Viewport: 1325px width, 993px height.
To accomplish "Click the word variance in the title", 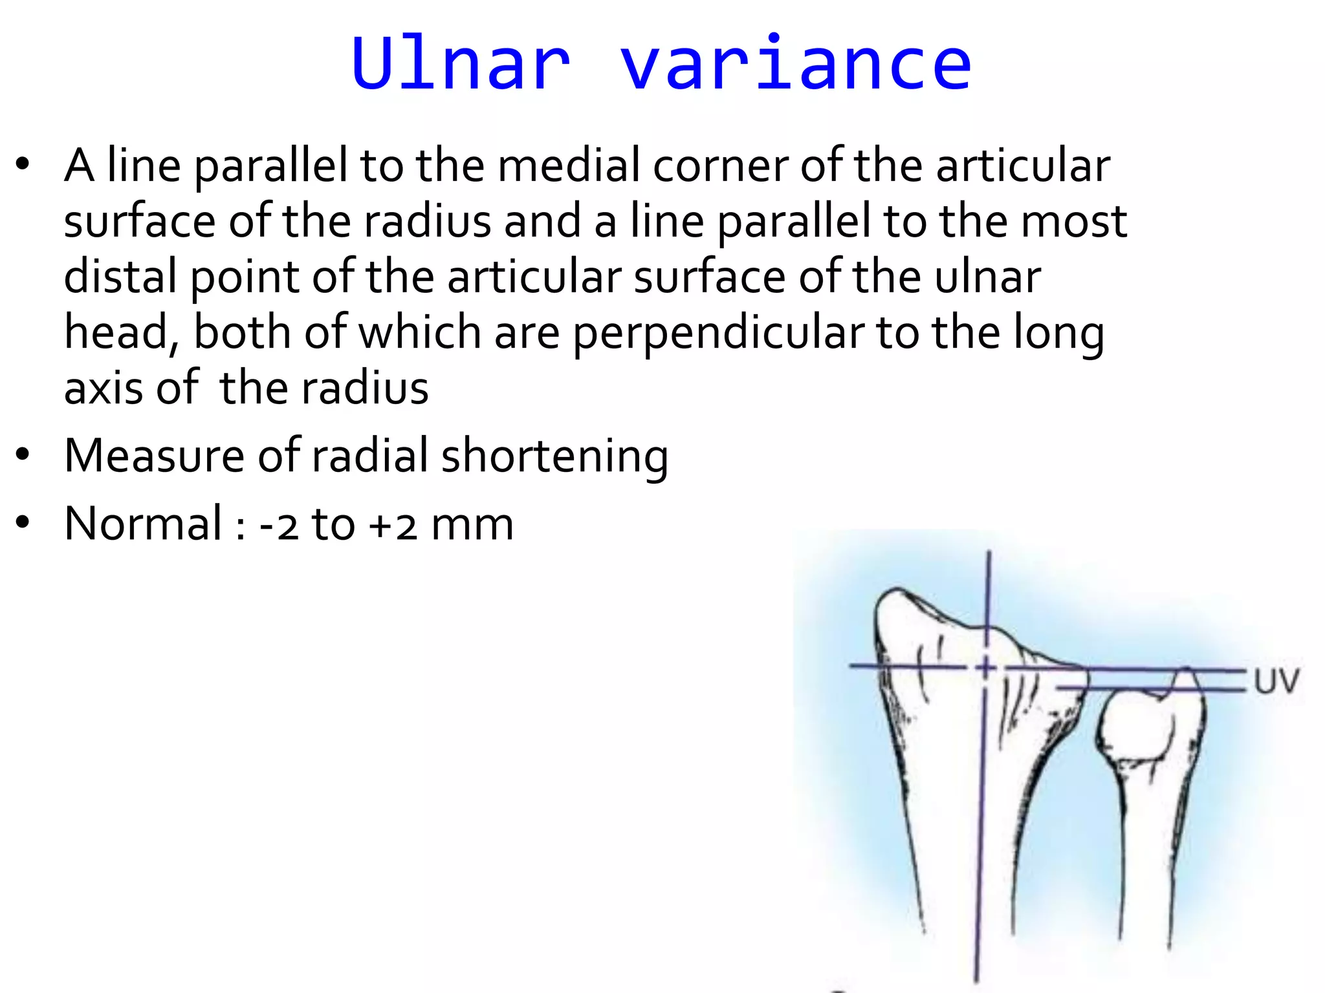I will point(796,63).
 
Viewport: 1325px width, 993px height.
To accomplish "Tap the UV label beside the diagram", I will point(1276,681).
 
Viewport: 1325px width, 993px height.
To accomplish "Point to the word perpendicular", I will point(718,333).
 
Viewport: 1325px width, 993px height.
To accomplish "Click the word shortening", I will point(554,456).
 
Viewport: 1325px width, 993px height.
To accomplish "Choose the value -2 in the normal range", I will point(279,524).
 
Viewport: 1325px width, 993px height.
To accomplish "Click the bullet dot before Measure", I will point(23,455).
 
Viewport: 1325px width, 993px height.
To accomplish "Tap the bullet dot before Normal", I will point(23,522).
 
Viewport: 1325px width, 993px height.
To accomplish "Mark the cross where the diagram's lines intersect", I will point(985,667).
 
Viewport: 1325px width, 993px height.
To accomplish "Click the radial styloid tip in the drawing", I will point(896,591).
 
